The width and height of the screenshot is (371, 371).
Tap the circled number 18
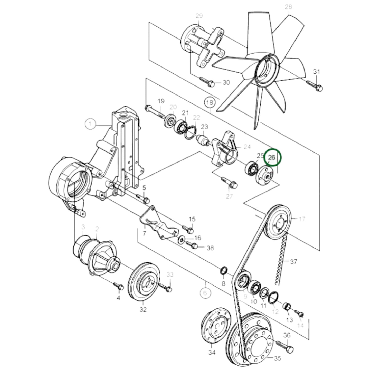(210, 102)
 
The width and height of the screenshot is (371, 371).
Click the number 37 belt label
(294, 261)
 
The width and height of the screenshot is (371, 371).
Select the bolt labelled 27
(230, 182)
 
